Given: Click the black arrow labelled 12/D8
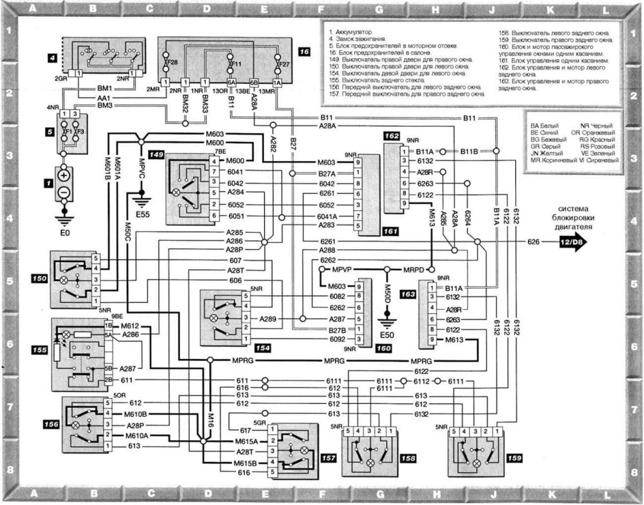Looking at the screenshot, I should coord(570,243).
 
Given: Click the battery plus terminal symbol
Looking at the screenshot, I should coord(64,176).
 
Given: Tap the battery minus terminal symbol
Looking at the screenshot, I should coord(64,192).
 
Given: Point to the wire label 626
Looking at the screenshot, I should coord(532,243).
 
